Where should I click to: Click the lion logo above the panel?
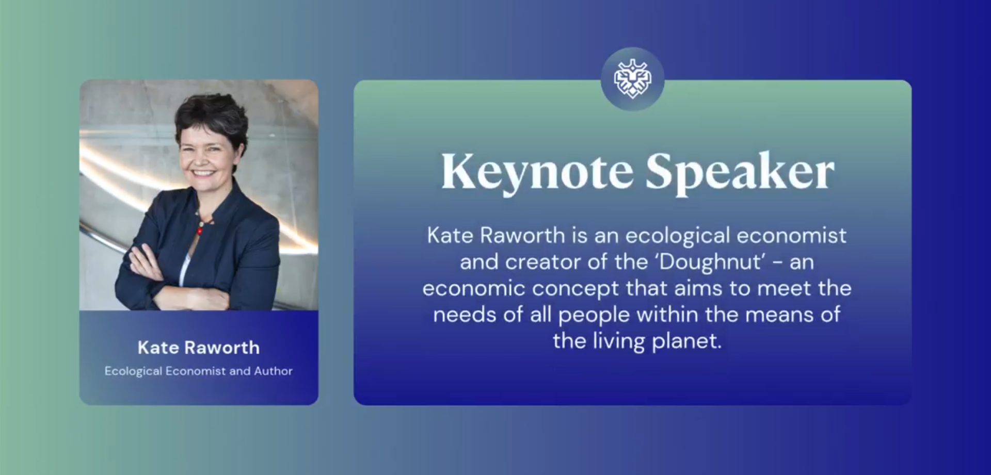(x=632, y=79)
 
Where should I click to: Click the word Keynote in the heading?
(x=537, y=172)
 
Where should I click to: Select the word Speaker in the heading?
(x=740, y=172)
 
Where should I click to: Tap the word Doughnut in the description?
(x=711, y=262)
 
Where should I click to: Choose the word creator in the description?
(x=542, y=262)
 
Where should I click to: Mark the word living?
(x=619, y=341)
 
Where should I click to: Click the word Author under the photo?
(x=273, y=371)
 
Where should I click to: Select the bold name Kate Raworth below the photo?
(x=199, y=348)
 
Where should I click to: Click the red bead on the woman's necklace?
(x=200, y=232)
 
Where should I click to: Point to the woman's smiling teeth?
(x=203, y=173)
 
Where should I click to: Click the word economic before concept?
(x=474, y=289)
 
